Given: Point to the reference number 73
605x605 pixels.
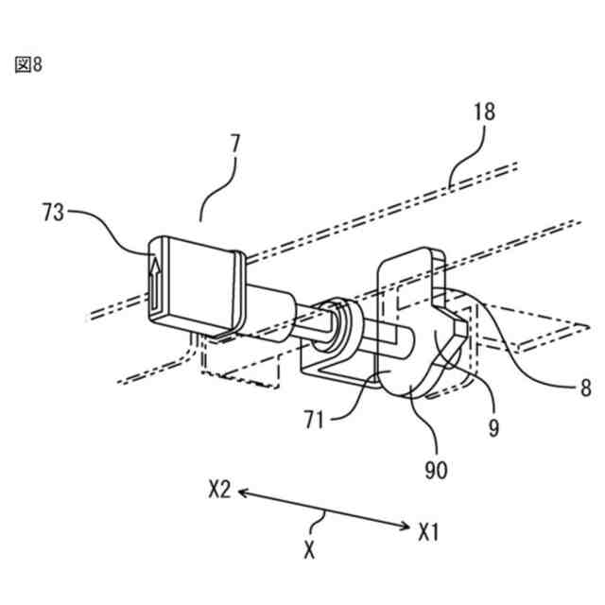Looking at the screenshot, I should point(53,212).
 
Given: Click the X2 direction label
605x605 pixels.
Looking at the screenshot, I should point(221,491).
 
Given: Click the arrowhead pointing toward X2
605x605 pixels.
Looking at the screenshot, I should point(244,493).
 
